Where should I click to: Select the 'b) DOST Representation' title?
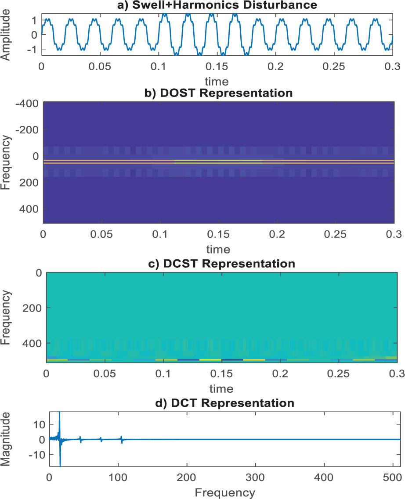pyautogui.click(x=218, y=93)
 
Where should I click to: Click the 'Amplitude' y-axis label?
pyautogui.click(x=6, y=35)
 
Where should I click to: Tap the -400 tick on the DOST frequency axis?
pyautogui.click(x=28, y=104)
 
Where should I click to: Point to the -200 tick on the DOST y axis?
pyautogui.click(x=28, y=130)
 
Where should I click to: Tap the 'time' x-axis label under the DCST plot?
pyautogui.click(x=221, y=388)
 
